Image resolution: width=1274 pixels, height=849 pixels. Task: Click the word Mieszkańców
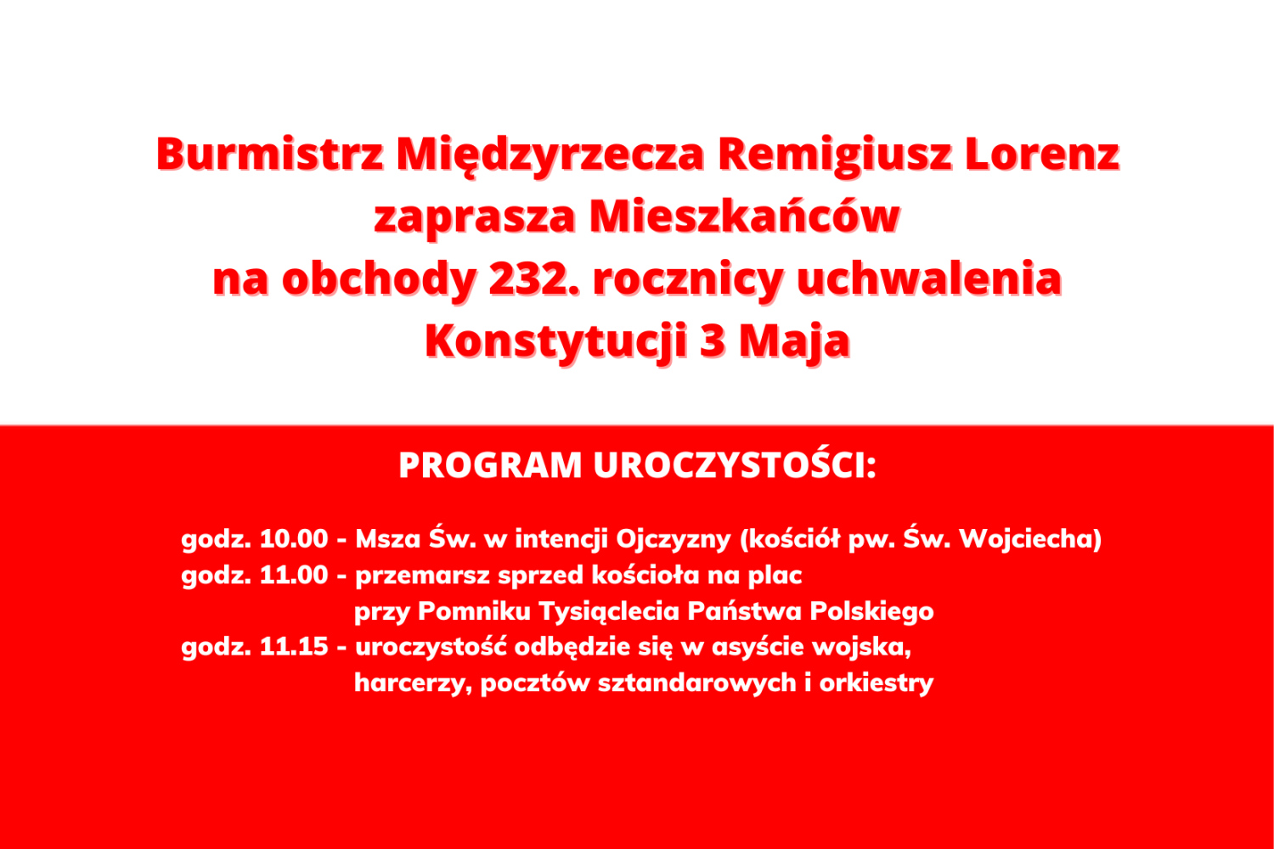click(x=744, y=216)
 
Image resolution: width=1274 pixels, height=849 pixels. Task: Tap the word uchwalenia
click(x=929, y=278)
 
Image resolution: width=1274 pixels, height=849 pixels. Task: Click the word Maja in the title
click(x=794, y=340)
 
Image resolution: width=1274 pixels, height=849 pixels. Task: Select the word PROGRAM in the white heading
click(x=490, y=466)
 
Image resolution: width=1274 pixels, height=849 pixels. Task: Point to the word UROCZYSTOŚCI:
click(x=735, y=466)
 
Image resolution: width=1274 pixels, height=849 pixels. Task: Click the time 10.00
click(x=294, y=539)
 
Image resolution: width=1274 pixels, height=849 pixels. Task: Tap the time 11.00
click(x=294, y=576)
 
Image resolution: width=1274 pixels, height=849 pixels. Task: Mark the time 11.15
click(x=294, y=647)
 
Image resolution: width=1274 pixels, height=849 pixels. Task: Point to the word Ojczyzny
click(x=674, y=539)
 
